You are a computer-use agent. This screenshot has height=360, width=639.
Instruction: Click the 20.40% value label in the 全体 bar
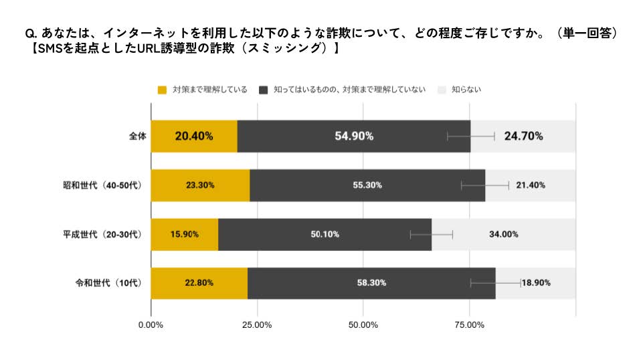click(193, 136)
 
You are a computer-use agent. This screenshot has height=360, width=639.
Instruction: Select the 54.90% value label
click(354, 136)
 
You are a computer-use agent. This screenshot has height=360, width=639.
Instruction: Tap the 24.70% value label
click(523, 136)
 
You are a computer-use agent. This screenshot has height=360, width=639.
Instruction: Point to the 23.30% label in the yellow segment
click(199, 185)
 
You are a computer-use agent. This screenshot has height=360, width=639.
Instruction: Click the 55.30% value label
click(367, 185)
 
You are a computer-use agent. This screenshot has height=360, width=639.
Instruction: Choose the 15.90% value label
click(184, 234)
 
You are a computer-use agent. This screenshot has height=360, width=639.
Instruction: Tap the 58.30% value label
click(371, 283)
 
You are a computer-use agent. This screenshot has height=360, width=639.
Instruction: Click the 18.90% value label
click(536, 283)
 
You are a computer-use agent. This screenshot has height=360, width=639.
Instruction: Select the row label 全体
click(137, 136)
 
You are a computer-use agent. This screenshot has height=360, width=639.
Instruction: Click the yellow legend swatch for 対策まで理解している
click(161, 90)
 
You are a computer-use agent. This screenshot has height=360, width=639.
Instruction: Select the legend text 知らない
click(466, 90)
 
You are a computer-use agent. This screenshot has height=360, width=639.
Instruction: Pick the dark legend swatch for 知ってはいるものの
click(264, 90)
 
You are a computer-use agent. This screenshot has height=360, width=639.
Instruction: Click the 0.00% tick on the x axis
click(151, 325)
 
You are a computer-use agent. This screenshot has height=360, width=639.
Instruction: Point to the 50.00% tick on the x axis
click(363, 325)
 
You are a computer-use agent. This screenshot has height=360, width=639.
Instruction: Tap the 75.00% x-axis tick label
click(469, 325)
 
